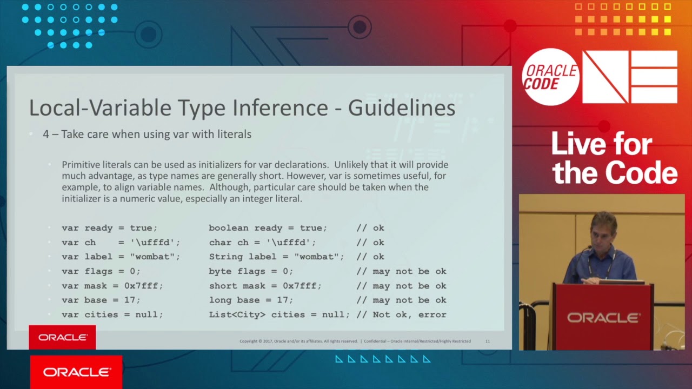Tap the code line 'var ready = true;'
(x=109, y=228)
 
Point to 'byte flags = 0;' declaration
(x=251, y=271)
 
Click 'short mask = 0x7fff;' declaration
(x=265, y=286)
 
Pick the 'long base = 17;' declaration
(x=251, y=300)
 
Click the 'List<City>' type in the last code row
(x=237, y=314)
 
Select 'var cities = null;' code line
(x=112, y=314)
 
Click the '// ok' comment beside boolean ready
(x=370, y=228)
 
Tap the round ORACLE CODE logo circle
(x=551, y=77)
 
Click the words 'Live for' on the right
(x=602, y=145)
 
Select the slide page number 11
(x=488, y=341)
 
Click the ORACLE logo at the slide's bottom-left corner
(x=63, y=337)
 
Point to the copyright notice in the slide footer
(x=298, y=341)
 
